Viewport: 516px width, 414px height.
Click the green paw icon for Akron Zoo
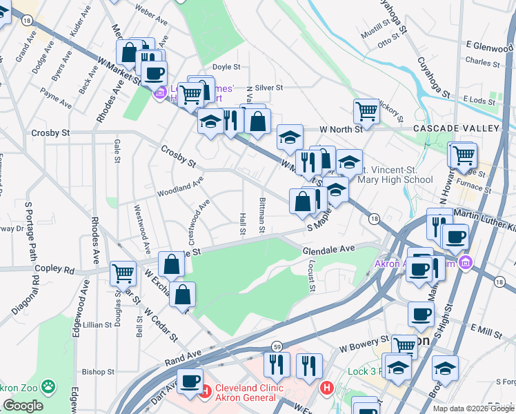point(48,386)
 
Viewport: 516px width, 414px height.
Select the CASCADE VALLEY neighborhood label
point(455,129)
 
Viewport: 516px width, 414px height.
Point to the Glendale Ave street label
point(328,248)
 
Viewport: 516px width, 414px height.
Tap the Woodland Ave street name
point(180,188)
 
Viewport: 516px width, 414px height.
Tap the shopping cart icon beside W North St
point(366,110)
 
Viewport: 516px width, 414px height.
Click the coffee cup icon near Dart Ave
point(190,380)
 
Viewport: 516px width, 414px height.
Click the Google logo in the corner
point(23,406)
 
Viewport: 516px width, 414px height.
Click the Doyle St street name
point(226,67)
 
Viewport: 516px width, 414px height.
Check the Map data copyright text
point(474,408)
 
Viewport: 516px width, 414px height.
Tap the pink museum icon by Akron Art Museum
point(466,262)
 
